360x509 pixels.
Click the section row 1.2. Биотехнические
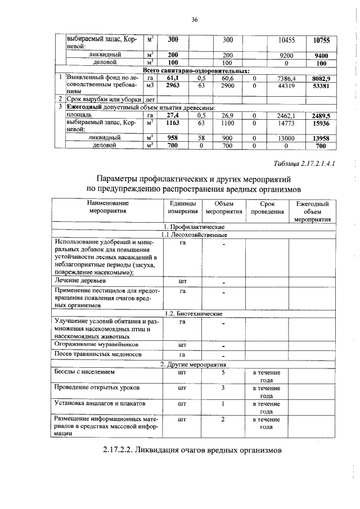pos(193,313)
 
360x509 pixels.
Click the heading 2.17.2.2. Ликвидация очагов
pos(191,451)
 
